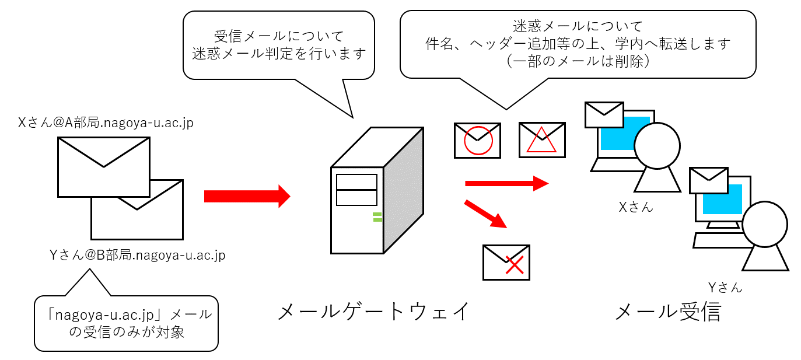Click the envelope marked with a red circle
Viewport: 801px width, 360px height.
(477, 140)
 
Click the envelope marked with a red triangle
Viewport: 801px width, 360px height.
(542, 140)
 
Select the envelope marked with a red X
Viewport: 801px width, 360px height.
(506, 263)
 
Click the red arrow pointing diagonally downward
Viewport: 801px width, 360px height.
(485, 214)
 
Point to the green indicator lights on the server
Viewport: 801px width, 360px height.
(377, 218)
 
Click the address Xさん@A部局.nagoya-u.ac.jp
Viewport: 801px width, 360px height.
(106, 123)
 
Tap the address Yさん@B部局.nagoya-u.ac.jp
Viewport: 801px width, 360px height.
(138, 255)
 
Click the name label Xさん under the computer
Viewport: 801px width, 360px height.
(636, 207)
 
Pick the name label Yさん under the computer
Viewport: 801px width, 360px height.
(725, 286)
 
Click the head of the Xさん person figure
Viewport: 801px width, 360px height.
(657, 146)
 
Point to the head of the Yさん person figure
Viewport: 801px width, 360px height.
(765, 224)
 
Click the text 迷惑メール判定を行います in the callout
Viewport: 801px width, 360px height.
(279, 54)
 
